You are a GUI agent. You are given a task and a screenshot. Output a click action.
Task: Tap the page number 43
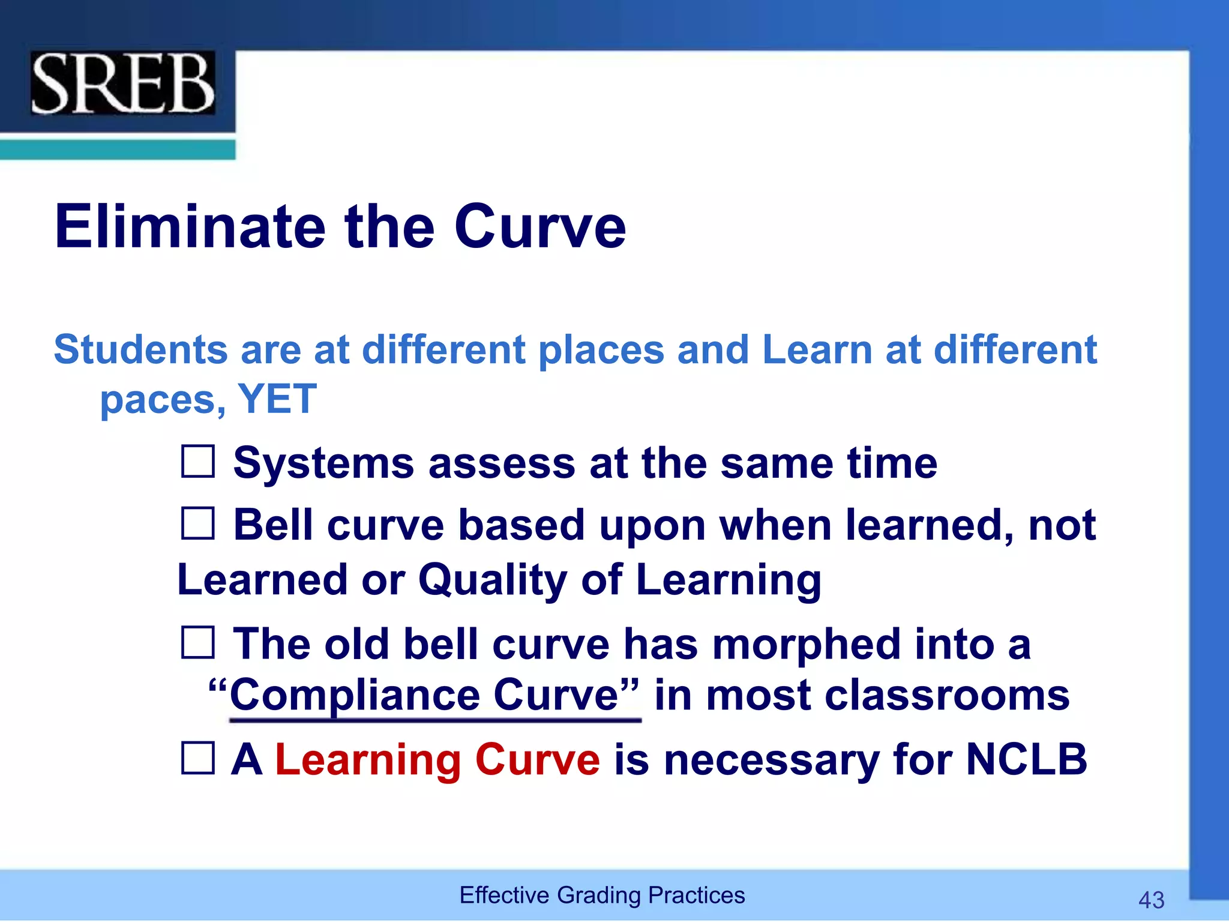[x=1151, y=900]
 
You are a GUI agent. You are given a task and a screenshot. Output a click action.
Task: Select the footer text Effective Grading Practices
[x=602, y=895]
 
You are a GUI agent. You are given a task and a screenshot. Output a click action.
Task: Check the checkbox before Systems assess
[x=197, y=462]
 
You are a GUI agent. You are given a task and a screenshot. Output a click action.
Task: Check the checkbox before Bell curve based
[x=197, y=523]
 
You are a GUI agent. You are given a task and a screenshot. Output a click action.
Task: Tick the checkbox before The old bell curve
[x=197, y=642]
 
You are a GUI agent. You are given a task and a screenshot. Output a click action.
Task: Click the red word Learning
[x=368, y=760]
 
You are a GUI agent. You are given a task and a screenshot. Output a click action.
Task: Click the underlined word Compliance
[x=354, y=695]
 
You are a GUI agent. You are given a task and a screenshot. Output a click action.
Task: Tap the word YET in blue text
[x=277, y=399]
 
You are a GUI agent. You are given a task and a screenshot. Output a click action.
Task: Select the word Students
[x=141, y=349]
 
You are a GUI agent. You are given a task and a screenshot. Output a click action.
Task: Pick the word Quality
[x=492, y=580]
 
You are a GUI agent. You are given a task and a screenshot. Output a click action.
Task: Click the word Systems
[x=323, y=463]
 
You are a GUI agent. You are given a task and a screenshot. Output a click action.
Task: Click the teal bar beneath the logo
[x=117, y=149]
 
